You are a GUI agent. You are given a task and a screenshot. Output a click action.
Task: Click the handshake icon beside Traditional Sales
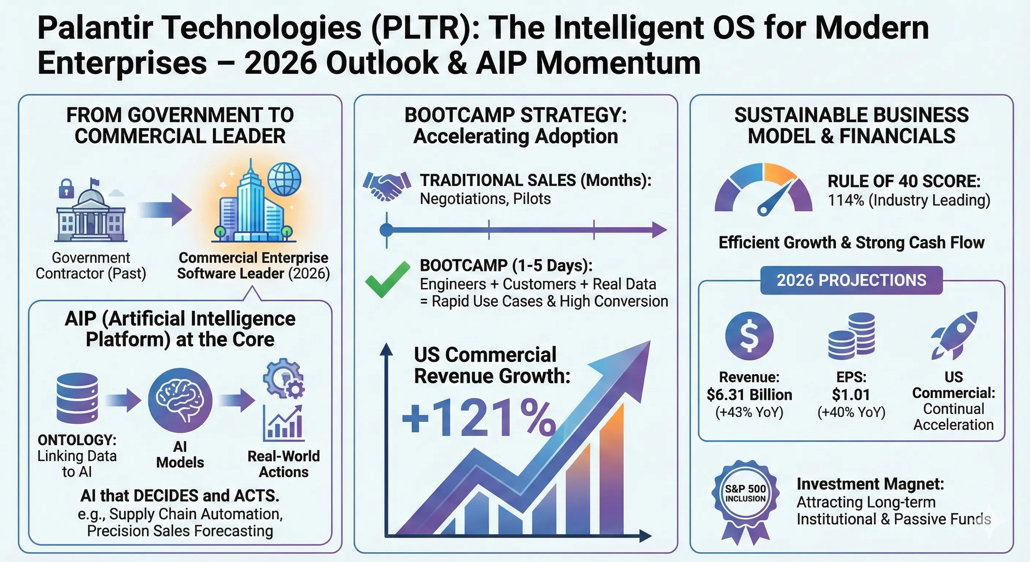(387, 186)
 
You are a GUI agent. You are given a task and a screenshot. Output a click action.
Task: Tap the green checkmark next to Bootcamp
(387, 279)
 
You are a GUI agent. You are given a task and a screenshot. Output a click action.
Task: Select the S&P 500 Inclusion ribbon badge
(745, 502)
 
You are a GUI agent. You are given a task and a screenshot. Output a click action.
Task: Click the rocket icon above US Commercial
(954, 335)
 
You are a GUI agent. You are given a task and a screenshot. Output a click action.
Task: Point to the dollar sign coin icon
(749, 336)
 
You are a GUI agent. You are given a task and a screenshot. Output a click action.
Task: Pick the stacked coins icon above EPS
(851, 336)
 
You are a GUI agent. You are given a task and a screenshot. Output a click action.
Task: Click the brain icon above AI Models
(180, 400)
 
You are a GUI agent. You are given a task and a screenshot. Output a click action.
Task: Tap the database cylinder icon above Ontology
(77, 398)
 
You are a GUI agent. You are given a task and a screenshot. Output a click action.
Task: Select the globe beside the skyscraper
(284, 179)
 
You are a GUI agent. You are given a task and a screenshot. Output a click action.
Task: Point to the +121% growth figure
(479, 417)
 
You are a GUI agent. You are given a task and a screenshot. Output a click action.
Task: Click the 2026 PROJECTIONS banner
(851, 280)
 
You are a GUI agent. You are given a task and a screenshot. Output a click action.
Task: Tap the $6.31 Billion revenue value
(749, 394)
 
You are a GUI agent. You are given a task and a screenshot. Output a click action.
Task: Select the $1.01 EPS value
(851, 394)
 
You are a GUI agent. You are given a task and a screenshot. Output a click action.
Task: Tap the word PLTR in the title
(421, 28)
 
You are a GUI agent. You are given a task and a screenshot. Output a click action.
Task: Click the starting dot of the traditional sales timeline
(386, 230)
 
